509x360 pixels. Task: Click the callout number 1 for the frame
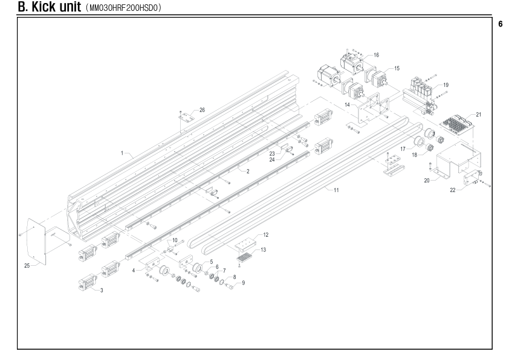[x=122, y=153]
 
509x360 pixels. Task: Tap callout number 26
[x=203, y=110]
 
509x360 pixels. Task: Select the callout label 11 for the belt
[x=336, y=190]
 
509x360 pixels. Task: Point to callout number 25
[x=27, y=266]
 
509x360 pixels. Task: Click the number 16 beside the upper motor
[x=376, y=55]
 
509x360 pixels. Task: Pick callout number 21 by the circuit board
[x=479, y=115]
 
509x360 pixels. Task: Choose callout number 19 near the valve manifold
[x=446, y=85]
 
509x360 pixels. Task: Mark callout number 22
[x=453, y=190]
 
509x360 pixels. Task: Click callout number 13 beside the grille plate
[x=263, y=249]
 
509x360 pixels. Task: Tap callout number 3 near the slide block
[x=102, y=291]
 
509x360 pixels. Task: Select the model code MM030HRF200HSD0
[x=125, y=8]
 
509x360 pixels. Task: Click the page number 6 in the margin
[x=501, y=24]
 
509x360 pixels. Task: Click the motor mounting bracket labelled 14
[x=368, y=109]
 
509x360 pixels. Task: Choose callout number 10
[x=175, y=240]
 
